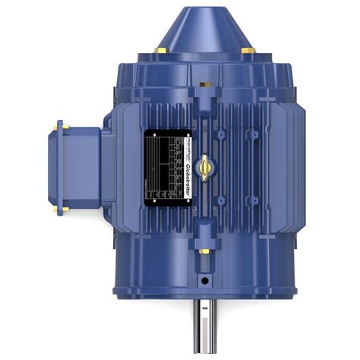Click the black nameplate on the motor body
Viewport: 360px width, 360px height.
point(169,168)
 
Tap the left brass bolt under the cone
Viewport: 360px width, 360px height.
point(160,50)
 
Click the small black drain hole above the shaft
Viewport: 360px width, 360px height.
point(204,280)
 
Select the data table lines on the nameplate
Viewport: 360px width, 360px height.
point(163,169)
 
